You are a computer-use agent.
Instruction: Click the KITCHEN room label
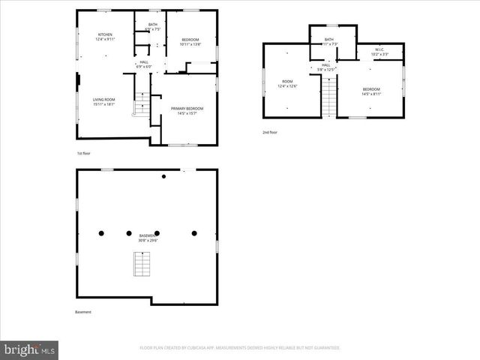pyautogui.click(x=104, y=35)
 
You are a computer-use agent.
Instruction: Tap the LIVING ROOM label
pyautogui.click(x=103, y=100)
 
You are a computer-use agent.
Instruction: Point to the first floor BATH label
pyautogui.click(x=152, y=25)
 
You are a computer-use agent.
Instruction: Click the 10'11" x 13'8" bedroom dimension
pyautogui.click(x=191, y=45)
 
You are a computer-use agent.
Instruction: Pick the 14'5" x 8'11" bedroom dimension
pyautogui.click(x=371, y=94)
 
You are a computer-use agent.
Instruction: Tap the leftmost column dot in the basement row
pyautogui.click(x=100, y=233)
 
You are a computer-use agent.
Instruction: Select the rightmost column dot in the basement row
pyautogui.click(x=194, y=233)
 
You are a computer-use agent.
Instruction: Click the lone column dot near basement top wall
pyautogui.click(x=164, y=177)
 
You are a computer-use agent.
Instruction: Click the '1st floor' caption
pyautogui.click(x=83, y=154)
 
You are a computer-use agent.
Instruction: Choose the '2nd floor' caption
pyautogui.click(x=270, y=132)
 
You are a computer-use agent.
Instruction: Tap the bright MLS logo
pyautogui.click(x=30, y=349)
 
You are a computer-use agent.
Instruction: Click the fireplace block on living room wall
pyautogui.click(x=78, y=81)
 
